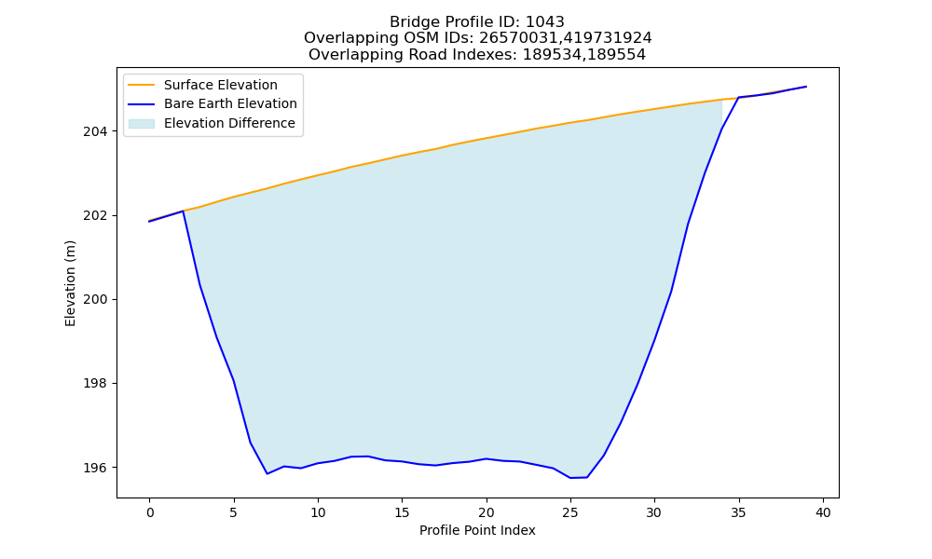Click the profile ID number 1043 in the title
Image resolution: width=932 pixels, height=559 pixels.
(544, 22)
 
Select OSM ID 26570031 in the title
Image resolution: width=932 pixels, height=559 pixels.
(515, 38)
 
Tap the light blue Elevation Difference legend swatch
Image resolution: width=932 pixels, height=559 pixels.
(142, 124)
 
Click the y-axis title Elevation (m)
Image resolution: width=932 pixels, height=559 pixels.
(70, 283)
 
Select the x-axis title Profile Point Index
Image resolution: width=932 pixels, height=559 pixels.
(477, 530)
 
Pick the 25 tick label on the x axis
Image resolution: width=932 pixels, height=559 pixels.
(570, 512)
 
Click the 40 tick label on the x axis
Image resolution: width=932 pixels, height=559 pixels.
(823, 512)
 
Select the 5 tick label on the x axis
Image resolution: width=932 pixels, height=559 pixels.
(234, 512)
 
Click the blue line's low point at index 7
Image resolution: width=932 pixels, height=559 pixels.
(267, 473)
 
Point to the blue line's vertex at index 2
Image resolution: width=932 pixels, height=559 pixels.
(183, 211)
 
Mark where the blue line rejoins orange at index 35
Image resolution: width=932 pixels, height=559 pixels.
(739, 98)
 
